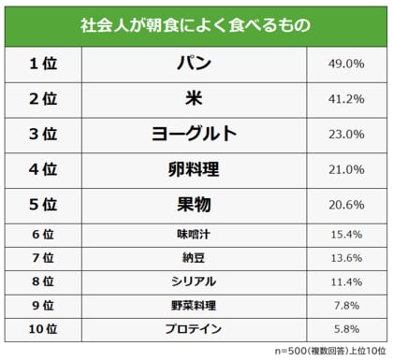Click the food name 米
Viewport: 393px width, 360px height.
(195, 98)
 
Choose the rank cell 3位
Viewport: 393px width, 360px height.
(43, 134)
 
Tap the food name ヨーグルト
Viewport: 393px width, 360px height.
(195, 134)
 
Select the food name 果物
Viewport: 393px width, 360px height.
(195, 205)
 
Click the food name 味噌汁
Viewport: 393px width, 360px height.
(195, 233)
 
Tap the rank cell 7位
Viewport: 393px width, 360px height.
(43, 257)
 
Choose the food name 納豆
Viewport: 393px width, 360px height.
(195, 257)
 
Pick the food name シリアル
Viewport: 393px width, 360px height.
(195, 281)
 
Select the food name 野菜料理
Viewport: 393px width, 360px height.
(195, 305)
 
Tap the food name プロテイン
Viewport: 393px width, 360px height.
(195, 329)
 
